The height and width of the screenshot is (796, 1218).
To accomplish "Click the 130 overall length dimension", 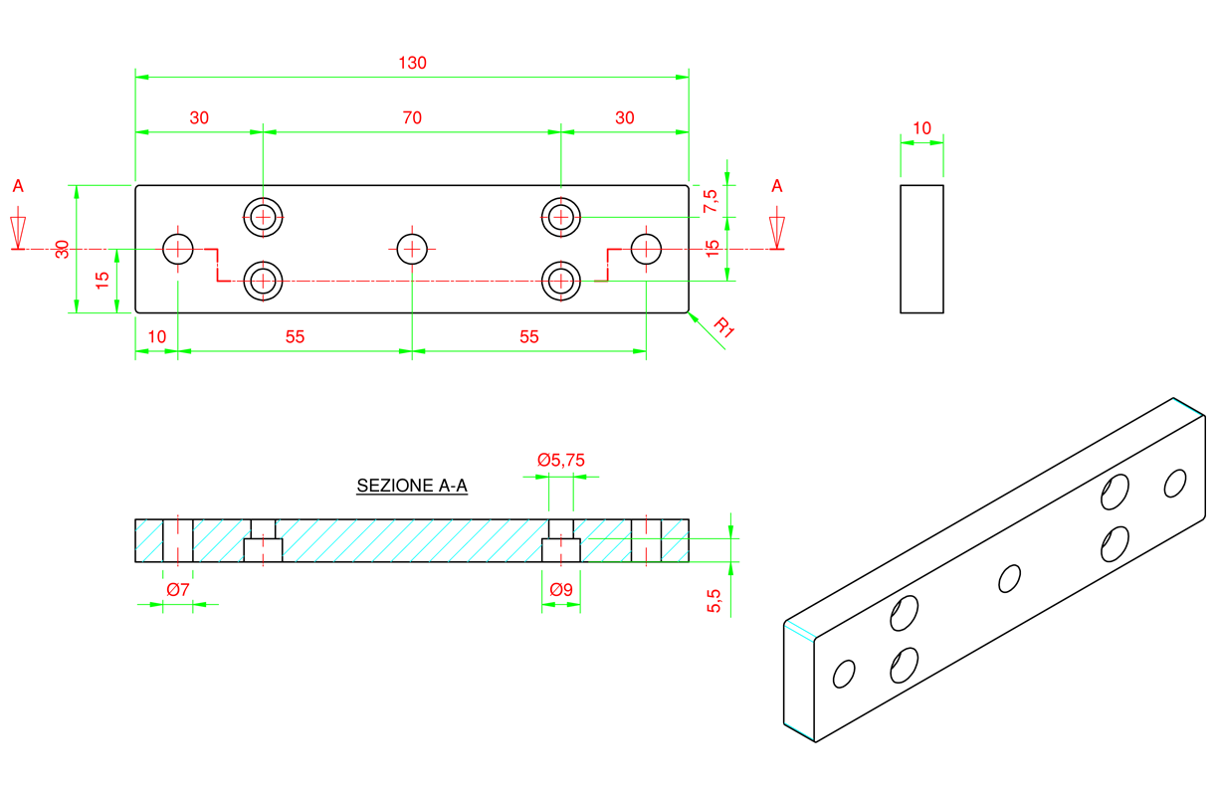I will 412,63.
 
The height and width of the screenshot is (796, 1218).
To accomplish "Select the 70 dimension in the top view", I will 412,117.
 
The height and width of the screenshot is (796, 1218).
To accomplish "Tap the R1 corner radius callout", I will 723,327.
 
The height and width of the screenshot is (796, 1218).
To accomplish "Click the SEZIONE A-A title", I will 412,487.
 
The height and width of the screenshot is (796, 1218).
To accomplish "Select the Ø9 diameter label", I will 561,590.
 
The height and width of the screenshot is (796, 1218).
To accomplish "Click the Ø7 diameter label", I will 179,590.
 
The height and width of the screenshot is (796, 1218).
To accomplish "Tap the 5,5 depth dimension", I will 713,600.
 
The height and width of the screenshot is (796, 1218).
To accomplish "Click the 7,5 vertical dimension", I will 710,201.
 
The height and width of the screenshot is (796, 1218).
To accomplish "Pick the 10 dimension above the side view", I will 921,128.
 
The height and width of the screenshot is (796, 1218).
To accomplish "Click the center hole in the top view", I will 411,248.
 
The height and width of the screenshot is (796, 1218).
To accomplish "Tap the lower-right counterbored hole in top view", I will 561,282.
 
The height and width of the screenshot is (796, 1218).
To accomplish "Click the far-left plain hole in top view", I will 178,248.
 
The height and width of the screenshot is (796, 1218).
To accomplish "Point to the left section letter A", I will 18,186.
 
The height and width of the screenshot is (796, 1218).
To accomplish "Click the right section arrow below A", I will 777,231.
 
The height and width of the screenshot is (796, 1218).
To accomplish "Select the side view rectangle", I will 921,249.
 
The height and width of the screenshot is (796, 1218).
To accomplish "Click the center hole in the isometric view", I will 1009,578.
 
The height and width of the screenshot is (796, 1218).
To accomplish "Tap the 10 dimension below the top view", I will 156,337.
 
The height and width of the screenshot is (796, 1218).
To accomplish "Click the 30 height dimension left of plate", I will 63,249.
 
